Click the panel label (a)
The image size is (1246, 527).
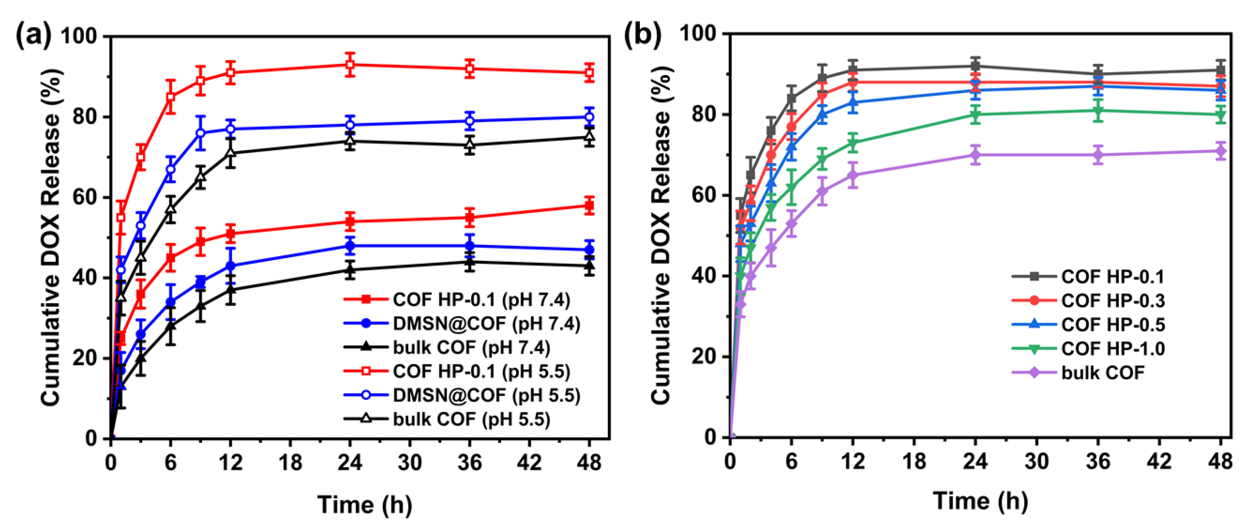point(33,35)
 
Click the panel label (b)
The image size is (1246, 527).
point(642,34)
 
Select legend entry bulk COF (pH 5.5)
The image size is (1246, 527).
point(471,419)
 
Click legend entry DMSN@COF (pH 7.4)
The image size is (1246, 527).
point(486,323)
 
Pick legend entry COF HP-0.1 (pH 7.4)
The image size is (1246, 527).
point(481,300)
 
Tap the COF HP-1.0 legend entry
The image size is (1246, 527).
point(1112,349)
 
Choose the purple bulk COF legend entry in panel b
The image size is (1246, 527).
point(1103,373)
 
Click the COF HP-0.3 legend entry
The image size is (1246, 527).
point(1112,300)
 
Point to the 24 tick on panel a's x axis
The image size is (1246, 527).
point(350,463)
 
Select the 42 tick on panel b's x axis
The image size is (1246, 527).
point(1159,461)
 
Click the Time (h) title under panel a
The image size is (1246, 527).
point(365,505)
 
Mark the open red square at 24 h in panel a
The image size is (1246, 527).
point(350,64)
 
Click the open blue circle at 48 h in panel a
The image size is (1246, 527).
point(589,117)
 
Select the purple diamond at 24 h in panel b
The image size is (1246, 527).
point(975,155)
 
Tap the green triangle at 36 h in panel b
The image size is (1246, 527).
point(1098,111)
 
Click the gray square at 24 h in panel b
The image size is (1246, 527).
point(975,66)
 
